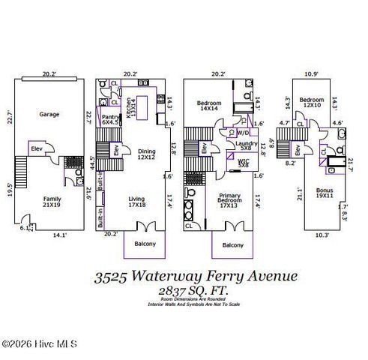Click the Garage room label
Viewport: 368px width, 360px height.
[49, 115]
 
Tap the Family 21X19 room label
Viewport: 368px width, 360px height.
[51, 201]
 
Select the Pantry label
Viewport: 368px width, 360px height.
[110, 120]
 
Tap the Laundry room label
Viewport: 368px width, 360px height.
[247, 145]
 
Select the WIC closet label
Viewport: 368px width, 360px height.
[244, 163]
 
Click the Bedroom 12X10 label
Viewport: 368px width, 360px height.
[312, 102]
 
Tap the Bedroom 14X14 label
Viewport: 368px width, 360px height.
[208, 106]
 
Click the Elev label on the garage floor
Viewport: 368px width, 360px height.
[36, 148]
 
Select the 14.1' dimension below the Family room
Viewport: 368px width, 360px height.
[58, 235]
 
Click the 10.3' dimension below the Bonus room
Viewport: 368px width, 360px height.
[322, 235]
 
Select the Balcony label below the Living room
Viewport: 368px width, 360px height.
[145, 244]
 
